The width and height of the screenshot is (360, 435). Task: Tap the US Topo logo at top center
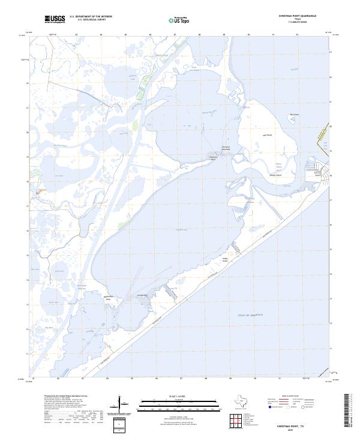(x=179, y=20)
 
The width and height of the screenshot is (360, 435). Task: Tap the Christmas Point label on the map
(x=223, y=147)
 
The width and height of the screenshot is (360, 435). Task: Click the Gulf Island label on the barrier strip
(x=226, y=259)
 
